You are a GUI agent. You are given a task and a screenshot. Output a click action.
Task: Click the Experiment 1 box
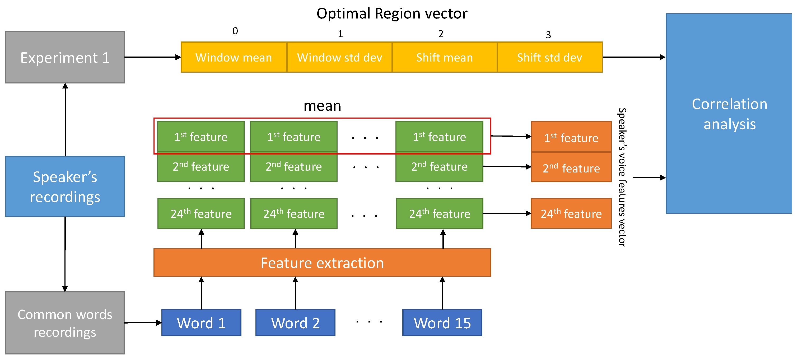pyautogui.click(x=65, y=57)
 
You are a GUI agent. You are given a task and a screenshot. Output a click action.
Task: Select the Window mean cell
pyautogui.click(x=234, y=57)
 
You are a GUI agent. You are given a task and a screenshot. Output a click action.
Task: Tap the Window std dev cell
pyautogui.click(x=339, y=57)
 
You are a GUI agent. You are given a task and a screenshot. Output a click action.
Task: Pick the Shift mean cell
pyautogui.click(x=445, y=57)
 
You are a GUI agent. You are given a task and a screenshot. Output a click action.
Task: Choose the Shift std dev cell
pyautogui.click(x=549, y=57)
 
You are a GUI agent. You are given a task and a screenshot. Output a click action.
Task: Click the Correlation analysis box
pyautogui.click(x=729, y=113)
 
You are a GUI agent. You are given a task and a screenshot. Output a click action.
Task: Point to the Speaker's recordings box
pyautogui.click(x=65, y=186)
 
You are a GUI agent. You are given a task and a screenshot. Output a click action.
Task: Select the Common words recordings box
pyautogui.click(x=65, y=323)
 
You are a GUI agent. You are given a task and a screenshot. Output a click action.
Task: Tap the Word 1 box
pyautogui.click(x=201, y=323)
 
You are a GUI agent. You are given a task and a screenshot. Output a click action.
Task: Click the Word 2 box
pyautogui.click(x=295, y=323)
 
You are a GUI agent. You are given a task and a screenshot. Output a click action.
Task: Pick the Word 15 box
pyautogui.click(x=442, y=323)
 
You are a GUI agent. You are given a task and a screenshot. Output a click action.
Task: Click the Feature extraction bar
pyautogui.click(x=322, y=263)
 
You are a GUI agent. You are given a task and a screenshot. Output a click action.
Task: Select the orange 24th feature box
pyautogui.click(x=571, y=213)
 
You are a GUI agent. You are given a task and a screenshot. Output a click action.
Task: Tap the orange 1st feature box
pyautogui.click(x=571, y=137)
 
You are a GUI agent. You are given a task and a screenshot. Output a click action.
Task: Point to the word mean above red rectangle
pyautogui.click(x=322, y=106)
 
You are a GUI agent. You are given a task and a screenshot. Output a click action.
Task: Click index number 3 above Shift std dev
pyautogui.click(x=548, y=35)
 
